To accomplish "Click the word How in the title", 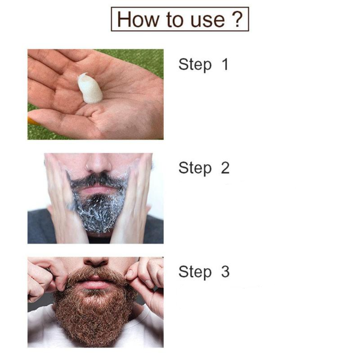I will (x=136, y=19).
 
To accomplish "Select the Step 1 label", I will (x=203, y=64).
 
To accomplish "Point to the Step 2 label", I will (x=203, y=168).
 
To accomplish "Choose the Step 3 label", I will (x=203, y=272).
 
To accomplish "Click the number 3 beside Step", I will (x=225, y=272).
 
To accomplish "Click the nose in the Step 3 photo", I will (x=96, y=264).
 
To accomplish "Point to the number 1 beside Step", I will (x=225, y=64).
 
